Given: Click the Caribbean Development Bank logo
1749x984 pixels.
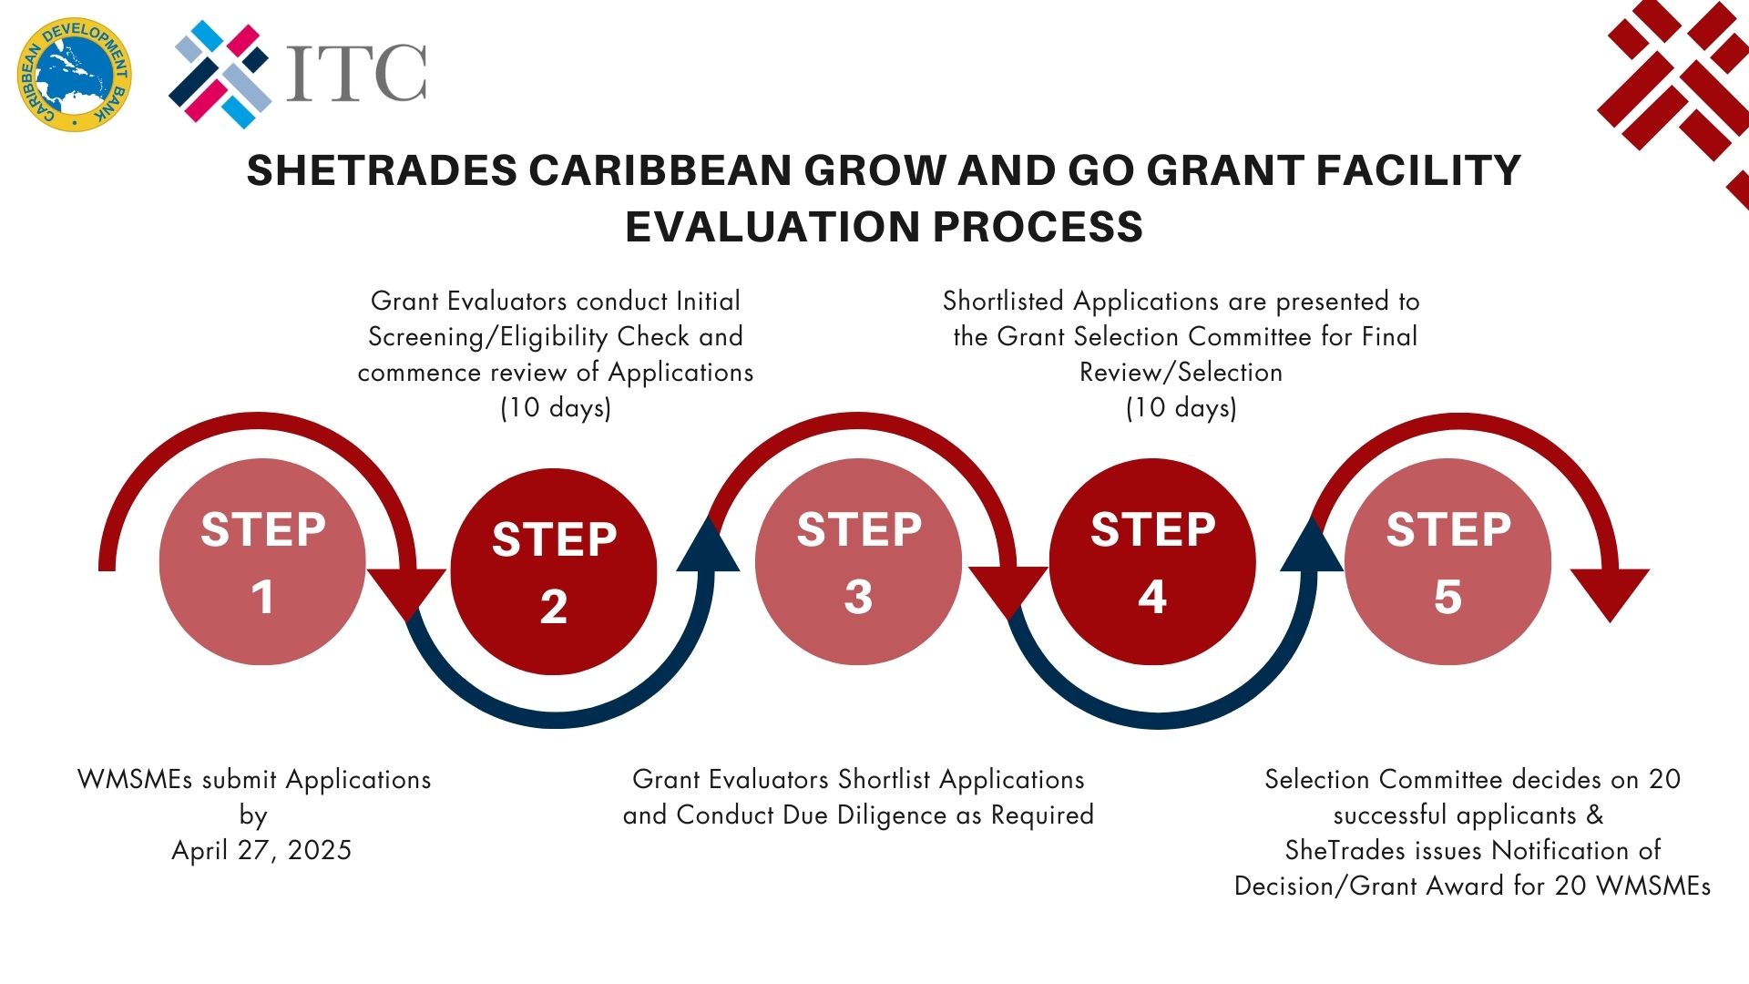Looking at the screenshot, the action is pyautogui.click(x=74, y=74).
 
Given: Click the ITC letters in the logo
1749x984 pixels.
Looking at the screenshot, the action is pyautogui.click(x=356, y=72).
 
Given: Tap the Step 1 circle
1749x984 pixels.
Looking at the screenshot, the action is pyautogui.click(x=262, y=561).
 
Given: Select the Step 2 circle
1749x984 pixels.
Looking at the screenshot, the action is pyautogui.click(x=554, y=571).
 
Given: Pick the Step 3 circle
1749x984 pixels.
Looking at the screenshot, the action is pyautogui.click(x=858, y=561).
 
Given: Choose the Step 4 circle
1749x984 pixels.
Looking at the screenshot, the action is pyautogui.click(x=1152, y=561).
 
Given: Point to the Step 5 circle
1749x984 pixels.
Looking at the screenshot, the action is pyautogui.click(x=1447, y=561).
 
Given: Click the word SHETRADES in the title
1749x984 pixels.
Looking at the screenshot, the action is pyautogui.click(x=382, y=170).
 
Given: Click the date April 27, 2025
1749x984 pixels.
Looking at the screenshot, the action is pyautogui.click(x=261, y=850).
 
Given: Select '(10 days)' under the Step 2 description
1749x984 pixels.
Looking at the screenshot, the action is pyautogui.click(x=556, y=407).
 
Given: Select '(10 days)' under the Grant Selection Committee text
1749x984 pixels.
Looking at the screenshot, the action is pyautogui.click(x=1181, y=407).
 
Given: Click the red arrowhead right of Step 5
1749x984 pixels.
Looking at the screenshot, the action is pyautogui.click(x=1610, y=590).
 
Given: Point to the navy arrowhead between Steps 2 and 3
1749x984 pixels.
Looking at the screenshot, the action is pyautogui.click(x=709, y=547).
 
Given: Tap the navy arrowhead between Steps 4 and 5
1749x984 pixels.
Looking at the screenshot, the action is pyautogui.click(x=1313, y=547).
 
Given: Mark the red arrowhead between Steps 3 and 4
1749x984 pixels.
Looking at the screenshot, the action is pyautogui.click(x=1008, y=590).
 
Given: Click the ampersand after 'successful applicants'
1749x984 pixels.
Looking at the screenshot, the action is pyautogui.click(x=1594, y=815).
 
